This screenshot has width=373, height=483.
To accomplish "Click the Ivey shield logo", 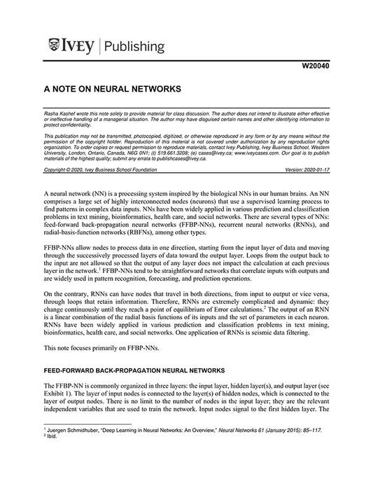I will (55, 46).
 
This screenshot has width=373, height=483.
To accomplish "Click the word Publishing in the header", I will (136, 47).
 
